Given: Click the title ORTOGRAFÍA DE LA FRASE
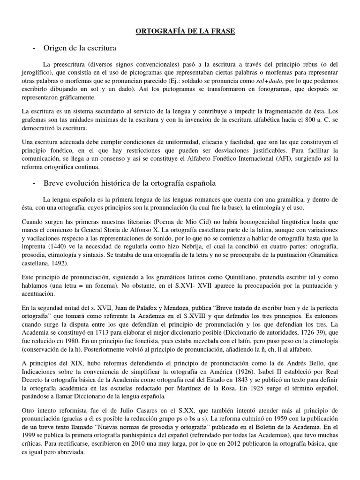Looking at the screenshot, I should [x=185, y=31].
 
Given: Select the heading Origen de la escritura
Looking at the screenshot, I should [x=80, y=48].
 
